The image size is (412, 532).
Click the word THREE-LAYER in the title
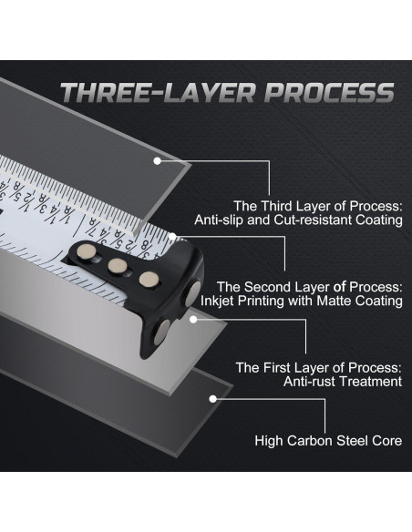[x=158, y=92]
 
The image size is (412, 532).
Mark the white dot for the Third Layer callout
[x=157, y=161]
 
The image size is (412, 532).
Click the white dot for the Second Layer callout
[x=172, y=237]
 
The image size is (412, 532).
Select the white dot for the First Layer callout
[x=193, y=319]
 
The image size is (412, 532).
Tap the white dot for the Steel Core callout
[x=212, y=399]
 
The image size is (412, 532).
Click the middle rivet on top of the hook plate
[x=118, y=266]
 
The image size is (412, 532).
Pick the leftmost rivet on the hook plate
[x=86, y=251]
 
